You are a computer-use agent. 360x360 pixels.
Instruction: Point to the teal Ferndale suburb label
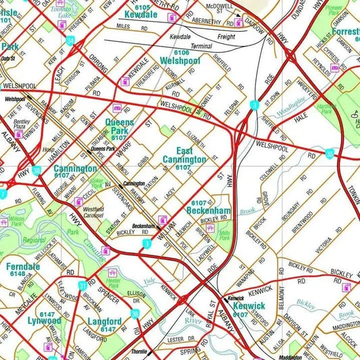pos(22,266)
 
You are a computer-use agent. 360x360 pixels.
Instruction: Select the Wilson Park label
pos(16,220)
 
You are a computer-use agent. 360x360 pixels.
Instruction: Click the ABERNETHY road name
pos(211,20)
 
